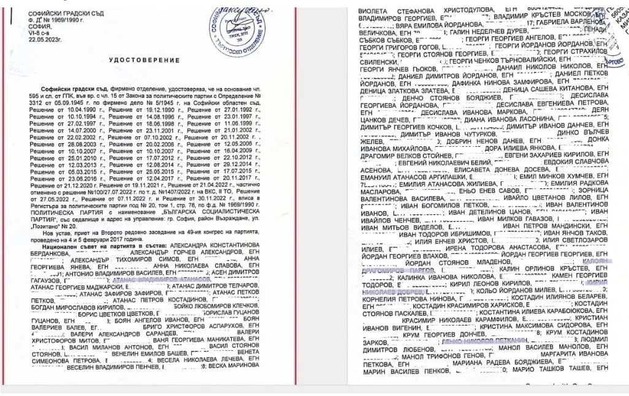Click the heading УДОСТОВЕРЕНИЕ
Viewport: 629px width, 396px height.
pyautogui.click(x=144, y=60)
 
